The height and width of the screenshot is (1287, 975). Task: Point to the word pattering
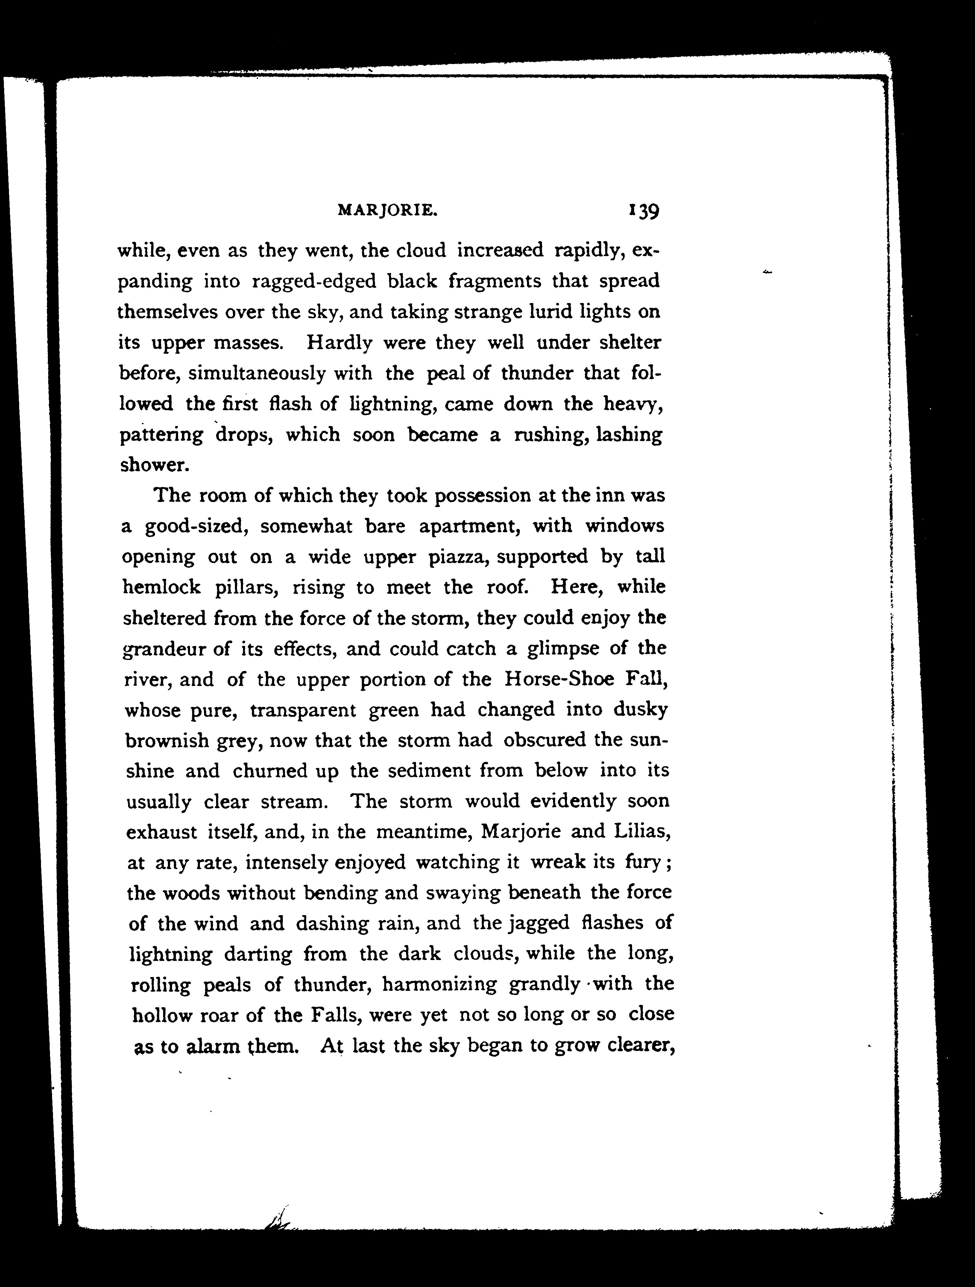(161, 436)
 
